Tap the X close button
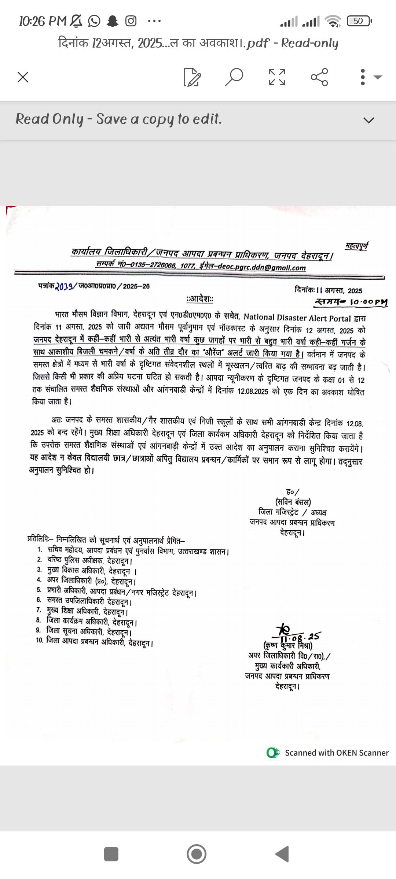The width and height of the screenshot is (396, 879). (x=23, y=77)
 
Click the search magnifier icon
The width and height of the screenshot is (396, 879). (x=234, y=77)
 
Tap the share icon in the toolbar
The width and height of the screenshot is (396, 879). (x=319, y=77)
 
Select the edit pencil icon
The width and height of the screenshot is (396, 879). (x=192, y=77)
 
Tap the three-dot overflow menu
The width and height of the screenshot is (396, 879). (x=363, y=77)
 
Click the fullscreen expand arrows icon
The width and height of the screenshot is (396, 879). (x=277, y=77)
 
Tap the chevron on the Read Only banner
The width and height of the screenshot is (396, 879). (x=368, y=120)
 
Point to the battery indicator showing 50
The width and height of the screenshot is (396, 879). (x=359, y=21)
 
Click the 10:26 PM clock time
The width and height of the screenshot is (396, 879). (x=43, y=21)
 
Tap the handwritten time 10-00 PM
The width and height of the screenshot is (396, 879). (x=368, y=303)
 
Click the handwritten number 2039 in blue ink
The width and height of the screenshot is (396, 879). (x=64, y=286)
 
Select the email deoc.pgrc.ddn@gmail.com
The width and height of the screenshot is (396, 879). (x=261, y=267)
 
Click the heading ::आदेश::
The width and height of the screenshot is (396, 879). (x=200, y=299)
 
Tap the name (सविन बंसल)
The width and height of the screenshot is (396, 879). (x=293, y=502)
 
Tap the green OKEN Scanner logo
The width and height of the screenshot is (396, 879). (x=273, y=753)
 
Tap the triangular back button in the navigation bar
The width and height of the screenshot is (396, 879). (x=282, y=854)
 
